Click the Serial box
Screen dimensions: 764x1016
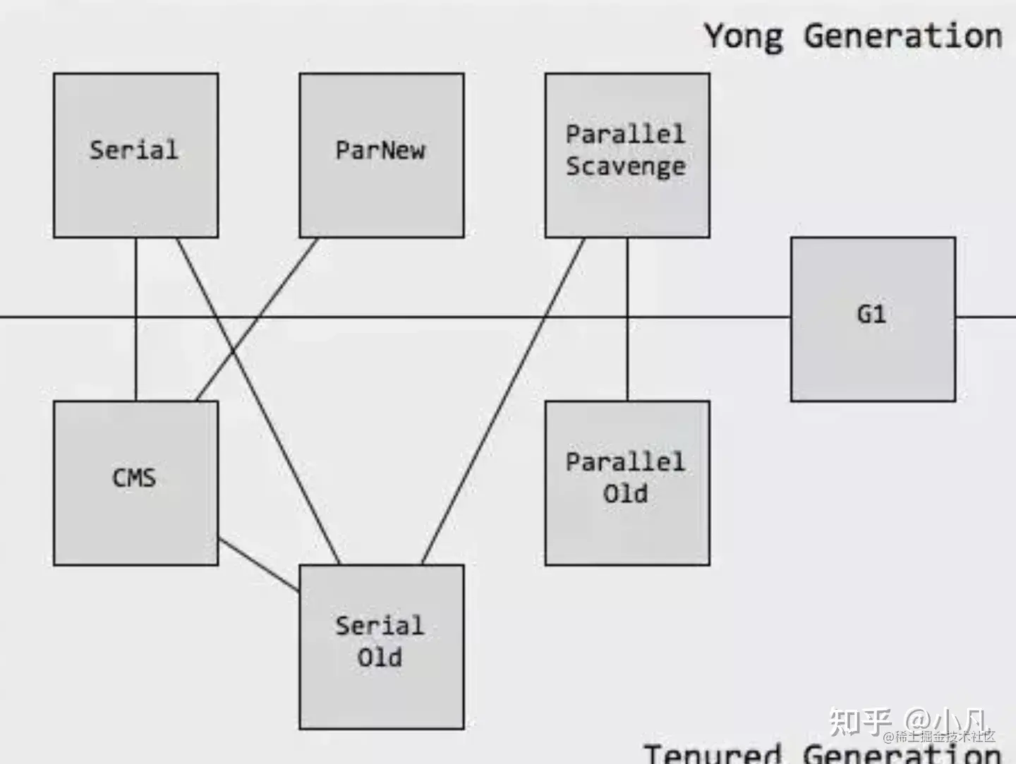point(135,155)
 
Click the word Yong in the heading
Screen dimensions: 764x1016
point(744,35)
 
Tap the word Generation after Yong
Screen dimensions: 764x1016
point(902,35)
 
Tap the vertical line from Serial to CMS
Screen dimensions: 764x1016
point(135,353)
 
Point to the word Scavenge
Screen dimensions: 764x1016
point(626,167)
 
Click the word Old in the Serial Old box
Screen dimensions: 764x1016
point(380,657)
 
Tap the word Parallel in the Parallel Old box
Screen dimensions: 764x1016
point(626,462)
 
